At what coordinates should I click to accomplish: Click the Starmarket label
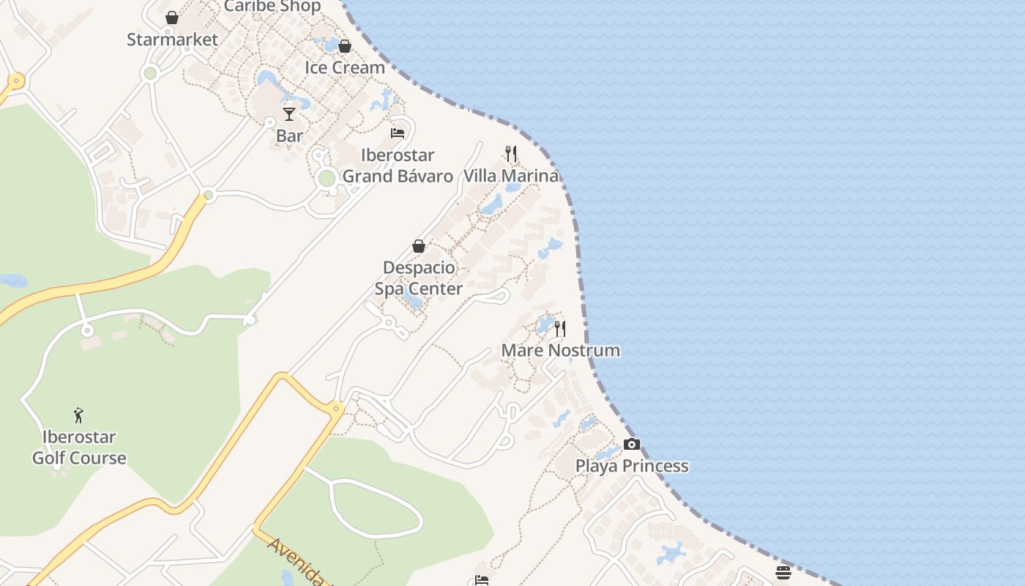[172, 40]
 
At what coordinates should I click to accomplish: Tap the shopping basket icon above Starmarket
[172, 18]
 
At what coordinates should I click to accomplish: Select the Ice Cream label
[344, 67]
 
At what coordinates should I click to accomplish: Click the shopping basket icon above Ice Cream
[345, 46]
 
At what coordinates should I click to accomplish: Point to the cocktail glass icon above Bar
[289, 114]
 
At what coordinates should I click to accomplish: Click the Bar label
[289, 136]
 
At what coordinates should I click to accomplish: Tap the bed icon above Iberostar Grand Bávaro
[398, 133]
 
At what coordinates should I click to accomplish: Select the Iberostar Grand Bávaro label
[398, 166]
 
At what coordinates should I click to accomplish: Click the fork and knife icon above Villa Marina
[511, 154]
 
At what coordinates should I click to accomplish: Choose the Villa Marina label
[511, 176]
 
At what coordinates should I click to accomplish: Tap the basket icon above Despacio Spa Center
[419, 246]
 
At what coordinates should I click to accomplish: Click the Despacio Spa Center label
[419, 278]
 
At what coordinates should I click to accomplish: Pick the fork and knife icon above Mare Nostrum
[560, 328]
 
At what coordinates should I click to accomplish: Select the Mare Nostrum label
[560, 350]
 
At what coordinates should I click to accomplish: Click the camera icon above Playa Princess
[632, 444]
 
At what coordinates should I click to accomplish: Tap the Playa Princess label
[632, 466]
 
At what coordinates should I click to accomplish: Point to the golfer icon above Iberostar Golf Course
[79, 415]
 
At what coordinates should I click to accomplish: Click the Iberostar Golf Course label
[79, 448]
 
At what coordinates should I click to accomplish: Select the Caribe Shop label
[272, 7]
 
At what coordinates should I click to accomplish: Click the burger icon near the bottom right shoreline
[783, 572]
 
